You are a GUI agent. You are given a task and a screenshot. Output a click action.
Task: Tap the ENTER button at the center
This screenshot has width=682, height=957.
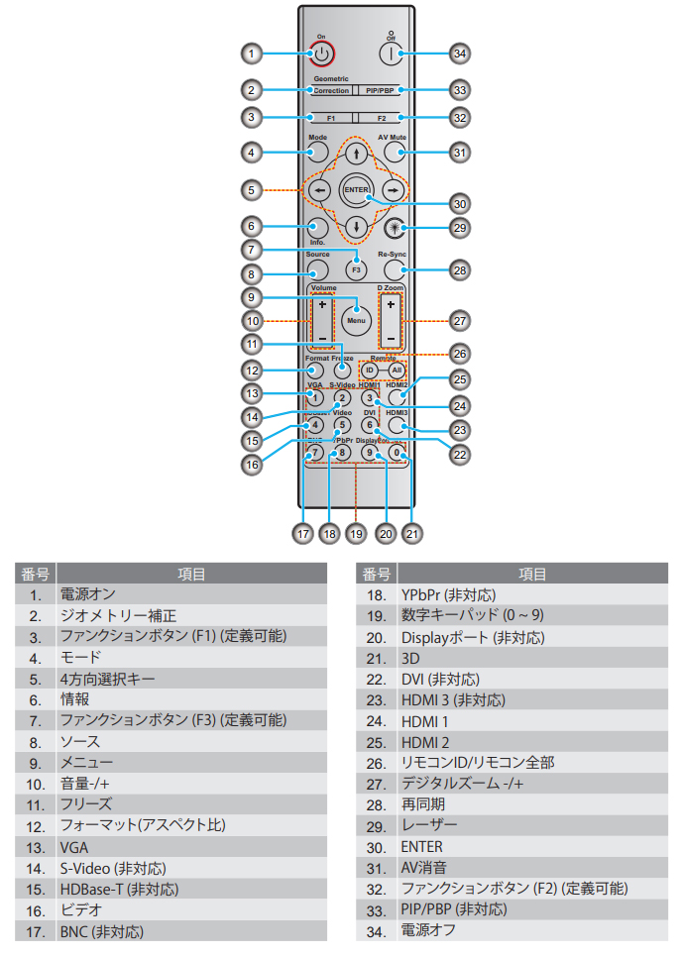355,189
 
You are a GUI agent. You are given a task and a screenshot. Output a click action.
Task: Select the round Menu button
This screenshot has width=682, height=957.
355,320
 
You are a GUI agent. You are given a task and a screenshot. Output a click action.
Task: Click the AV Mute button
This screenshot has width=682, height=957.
395,152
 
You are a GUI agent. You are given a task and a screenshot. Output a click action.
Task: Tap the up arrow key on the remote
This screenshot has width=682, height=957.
355,155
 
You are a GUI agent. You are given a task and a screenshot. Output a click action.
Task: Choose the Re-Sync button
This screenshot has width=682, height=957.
395,267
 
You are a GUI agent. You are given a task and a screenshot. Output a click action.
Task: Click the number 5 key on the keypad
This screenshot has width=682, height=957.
341,425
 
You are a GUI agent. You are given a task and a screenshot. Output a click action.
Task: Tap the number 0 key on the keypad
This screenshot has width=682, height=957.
397,452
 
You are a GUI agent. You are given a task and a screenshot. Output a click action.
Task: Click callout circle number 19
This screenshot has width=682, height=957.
358,532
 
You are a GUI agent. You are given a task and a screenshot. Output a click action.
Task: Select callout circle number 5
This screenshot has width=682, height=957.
253,188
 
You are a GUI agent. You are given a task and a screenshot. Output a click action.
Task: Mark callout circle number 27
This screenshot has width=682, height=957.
458,320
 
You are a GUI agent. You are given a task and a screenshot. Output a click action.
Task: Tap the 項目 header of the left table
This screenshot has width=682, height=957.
190,574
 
